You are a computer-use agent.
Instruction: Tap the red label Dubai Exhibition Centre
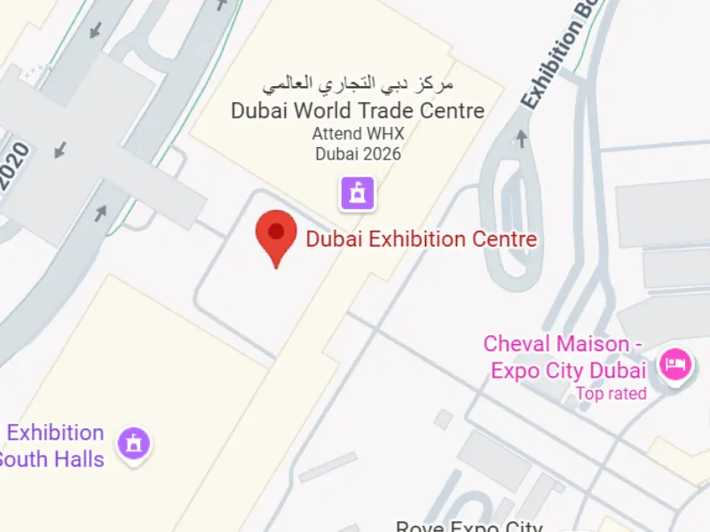tap(422, 239)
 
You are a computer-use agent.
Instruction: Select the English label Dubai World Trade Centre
tap(358, 111)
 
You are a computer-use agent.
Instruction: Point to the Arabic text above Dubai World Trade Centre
tap(358, 85)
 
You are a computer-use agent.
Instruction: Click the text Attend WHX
tap(358, 134)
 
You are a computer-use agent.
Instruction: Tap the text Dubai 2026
tap(358, 153)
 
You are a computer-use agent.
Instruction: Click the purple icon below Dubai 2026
tap(358, 192)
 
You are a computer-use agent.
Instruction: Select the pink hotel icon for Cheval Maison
tap(676, 363)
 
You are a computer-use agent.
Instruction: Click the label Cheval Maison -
tap(563, 344)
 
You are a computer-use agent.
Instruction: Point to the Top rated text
tap(611, 394)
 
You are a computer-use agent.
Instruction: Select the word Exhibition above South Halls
tap(55, 434)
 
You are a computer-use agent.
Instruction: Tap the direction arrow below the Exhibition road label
tap(522, 138)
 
